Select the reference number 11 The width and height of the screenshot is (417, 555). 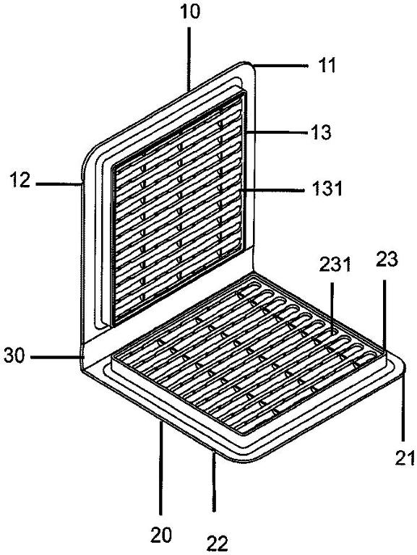pyautogui.click(x=327, y=66)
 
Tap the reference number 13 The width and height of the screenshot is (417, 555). pyautogui.click(x=321, y=132)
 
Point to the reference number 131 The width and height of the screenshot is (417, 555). pyautogui.click(x=327, y=189)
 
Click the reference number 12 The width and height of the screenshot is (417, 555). pyautogui.click(x=20, y=180)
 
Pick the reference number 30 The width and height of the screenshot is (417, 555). pyautogui.click(x=14, y=356)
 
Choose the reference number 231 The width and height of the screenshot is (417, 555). pyautogui.click(x=335, y=264)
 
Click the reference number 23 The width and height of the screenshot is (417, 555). pyautogui.click(x=387, y=259)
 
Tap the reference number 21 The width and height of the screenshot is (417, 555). pyautogui.click(x=404, y=459)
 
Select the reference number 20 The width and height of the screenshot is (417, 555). pyautogui.click(x=161, y=535)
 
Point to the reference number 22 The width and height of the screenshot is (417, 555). pyautogui.click(x=217, y=543)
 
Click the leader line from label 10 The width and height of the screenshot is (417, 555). pyautogui.click(x=189, y=59)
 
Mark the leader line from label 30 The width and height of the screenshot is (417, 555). pyautogui.click(x=55, y=358)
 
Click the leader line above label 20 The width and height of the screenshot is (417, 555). pyautogui.click(x=161, y=468)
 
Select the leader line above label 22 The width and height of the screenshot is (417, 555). pyautogui.click(x=213, y=480)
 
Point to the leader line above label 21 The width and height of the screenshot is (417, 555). pyautogui.click(x=403, y=406)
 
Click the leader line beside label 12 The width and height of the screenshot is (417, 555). pyautogui.click(x=59, y=184)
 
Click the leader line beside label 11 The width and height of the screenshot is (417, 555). pyautogui.click(x=279, y=65)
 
